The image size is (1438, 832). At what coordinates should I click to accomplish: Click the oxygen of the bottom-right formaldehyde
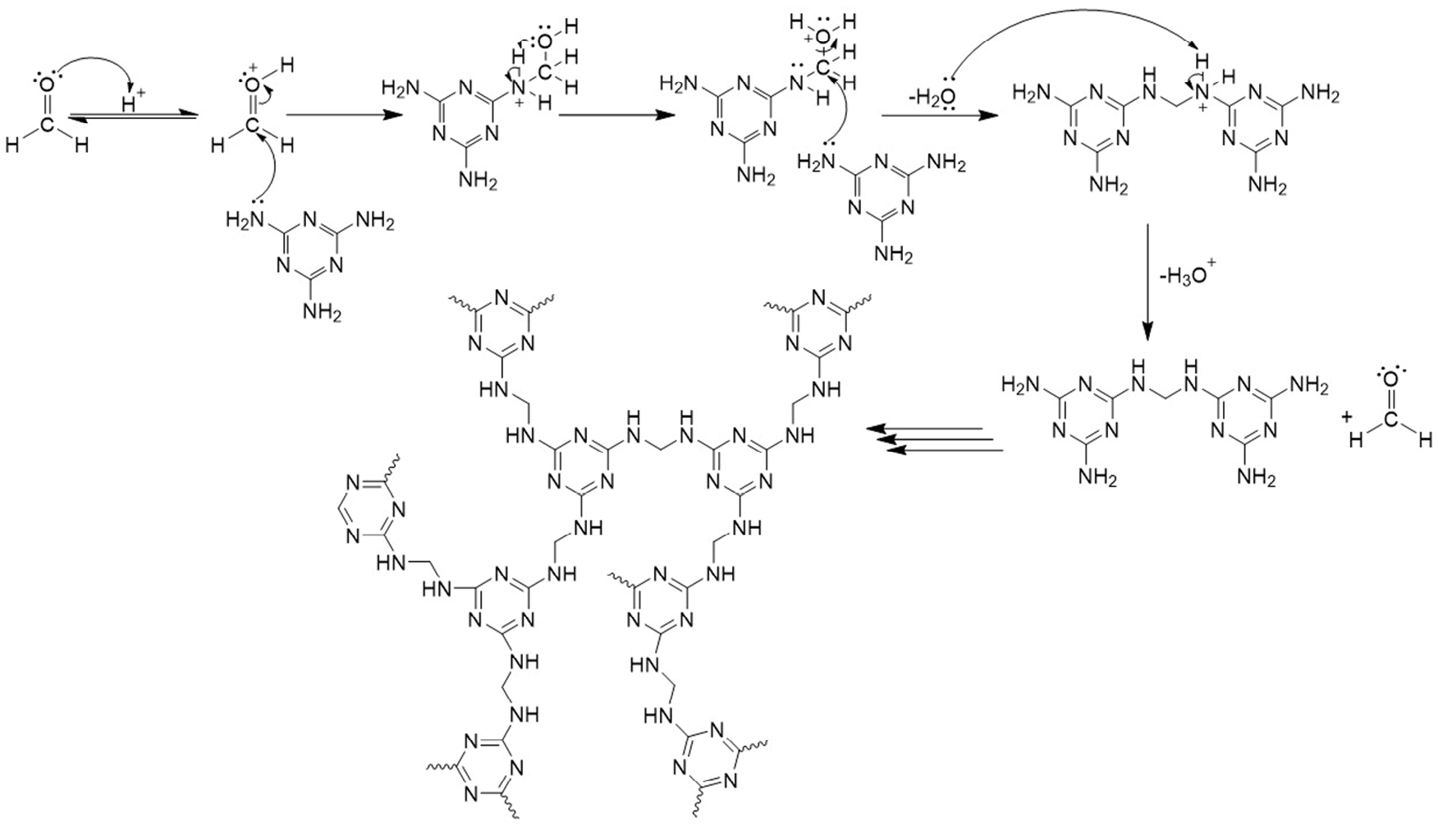pos(1390,379)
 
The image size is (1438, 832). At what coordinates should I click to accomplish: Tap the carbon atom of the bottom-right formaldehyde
pos(1390,420)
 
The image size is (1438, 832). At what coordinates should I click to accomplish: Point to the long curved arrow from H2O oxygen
pos(1067,25)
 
